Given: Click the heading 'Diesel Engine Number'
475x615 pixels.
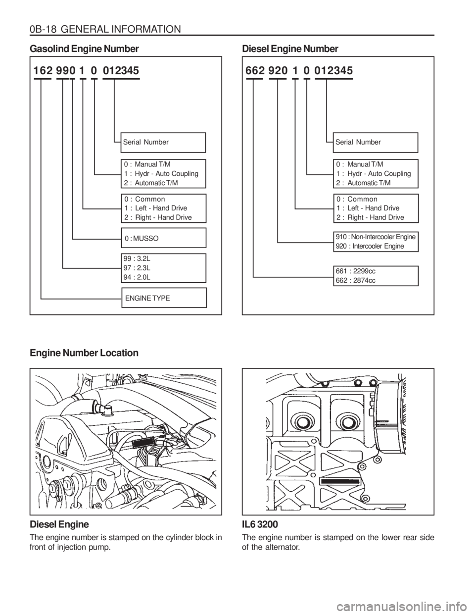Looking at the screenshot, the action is [290, 50].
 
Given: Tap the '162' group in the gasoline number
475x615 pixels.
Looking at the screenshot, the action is [43, 71].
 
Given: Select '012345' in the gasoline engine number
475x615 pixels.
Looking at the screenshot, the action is [121, 71].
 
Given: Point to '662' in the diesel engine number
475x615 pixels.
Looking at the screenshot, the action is [254, 71].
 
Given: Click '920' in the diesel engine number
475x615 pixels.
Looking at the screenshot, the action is [278, 71].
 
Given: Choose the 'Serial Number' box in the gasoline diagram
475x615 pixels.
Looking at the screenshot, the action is [163, 142].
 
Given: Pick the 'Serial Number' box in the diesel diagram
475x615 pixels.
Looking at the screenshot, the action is [376, 142].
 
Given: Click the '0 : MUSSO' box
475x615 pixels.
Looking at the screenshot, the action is [163, 238].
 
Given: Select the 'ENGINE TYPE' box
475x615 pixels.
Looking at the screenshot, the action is [163, 297].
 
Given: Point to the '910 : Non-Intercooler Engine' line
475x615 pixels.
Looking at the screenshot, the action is [376, 237].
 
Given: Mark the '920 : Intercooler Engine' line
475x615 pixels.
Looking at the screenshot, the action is [370, 246].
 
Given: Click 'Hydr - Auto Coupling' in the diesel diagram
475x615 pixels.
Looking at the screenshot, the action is [378, 174].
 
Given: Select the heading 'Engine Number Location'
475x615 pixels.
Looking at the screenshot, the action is [84, 353].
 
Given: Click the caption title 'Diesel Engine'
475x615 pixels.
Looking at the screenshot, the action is [60, 524].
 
